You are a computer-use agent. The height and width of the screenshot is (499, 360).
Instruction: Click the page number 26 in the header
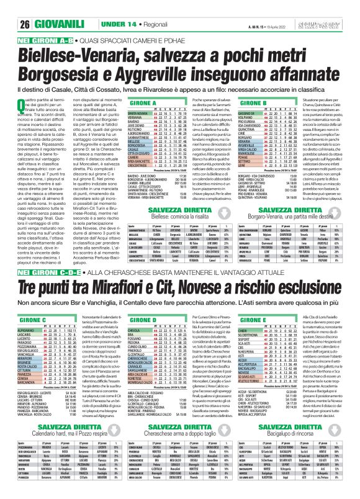(x=10, y=8)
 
